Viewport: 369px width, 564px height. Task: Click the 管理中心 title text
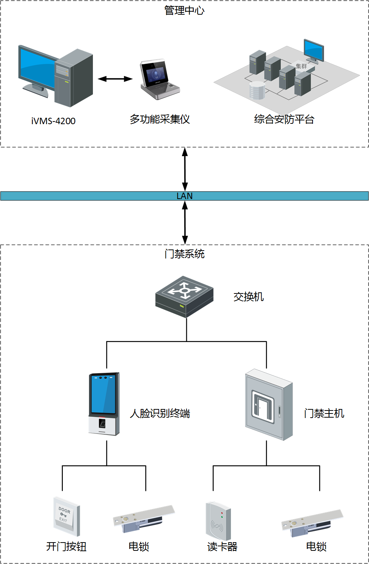point(184,11)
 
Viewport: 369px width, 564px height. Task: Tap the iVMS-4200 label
point(53,121)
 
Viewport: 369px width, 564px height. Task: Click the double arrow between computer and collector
point(115,79)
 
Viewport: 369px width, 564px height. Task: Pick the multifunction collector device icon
point(159,79)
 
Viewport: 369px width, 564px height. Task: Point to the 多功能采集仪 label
point(160,119)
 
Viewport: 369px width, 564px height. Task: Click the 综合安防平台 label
point(284,119)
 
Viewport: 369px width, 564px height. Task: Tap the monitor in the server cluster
point(314,50)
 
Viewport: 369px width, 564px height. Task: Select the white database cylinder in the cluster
point(257,91)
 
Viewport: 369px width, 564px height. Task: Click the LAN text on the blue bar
point(184,196)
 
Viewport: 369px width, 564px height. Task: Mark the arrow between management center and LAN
point(185,169)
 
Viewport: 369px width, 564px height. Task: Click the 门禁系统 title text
point(184,254)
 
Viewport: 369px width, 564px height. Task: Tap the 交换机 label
point(248,297)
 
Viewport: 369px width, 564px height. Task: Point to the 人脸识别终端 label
point(160,413)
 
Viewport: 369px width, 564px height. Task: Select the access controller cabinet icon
point(269,405)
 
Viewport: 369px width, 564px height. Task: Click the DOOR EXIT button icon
point(67,516)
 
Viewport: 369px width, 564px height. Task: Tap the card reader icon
point(218,521)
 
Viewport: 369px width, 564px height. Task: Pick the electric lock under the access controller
point(312,524)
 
